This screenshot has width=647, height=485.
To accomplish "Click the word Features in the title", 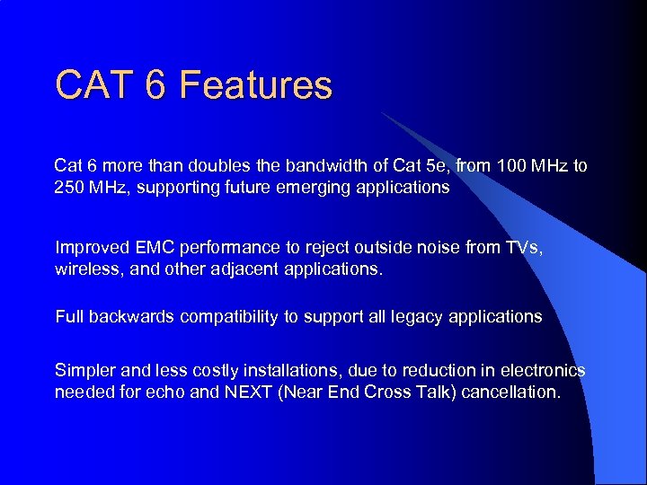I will click(256, 85).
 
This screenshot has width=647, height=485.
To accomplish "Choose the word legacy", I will click(420, 317).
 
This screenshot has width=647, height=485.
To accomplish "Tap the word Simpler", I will click(84, 370).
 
